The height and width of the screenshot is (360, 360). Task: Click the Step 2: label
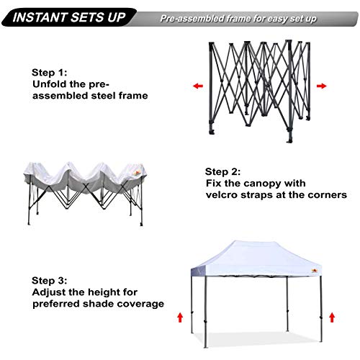point(222,172)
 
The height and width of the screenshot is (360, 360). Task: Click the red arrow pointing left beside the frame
point(196,86)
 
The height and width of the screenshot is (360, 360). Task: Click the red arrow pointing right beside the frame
point(321,86)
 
